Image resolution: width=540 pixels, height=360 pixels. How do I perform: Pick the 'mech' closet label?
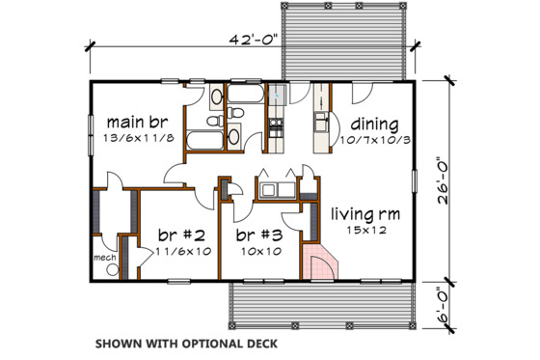click(104, 259)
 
